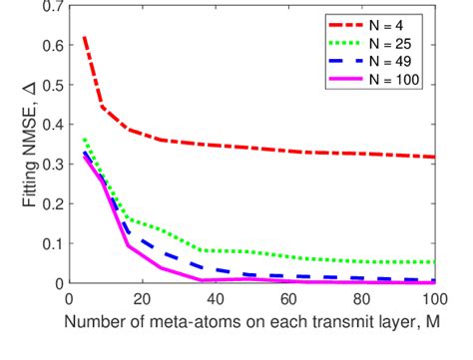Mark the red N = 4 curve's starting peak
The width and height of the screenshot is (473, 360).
pos(84,37)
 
